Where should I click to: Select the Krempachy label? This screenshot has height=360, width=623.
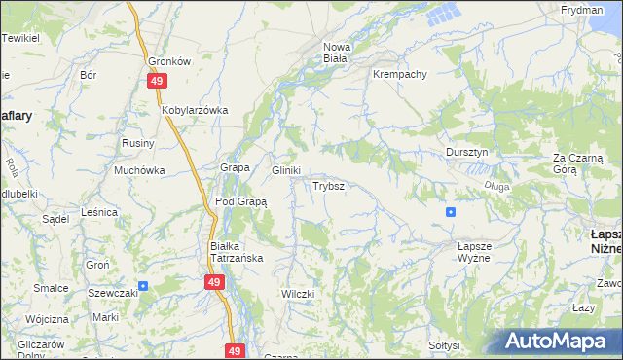click(397, 74)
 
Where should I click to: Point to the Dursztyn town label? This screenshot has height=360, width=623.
click(472, 153)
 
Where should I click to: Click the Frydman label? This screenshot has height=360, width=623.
click(581, 9)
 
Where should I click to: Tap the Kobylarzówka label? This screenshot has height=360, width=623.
click(195, 110)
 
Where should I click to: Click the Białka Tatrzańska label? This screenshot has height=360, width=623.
click(238, 252)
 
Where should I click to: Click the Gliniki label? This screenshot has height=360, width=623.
click(285, 169)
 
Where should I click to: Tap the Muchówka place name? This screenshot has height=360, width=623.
click(139, 170)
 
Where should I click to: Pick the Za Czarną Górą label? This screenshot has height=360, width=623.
click(578, 162)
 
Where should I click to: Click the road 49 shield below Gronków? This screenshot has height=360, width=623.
click(157, 82)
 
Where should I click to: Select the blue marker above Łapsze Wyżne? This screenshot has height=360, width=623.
click(450, 211)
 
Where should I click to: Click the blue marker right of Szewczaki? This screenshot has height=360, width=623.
click(143, 286)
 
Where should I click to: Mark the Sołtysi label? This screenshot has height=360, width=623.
click(444, 345)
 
